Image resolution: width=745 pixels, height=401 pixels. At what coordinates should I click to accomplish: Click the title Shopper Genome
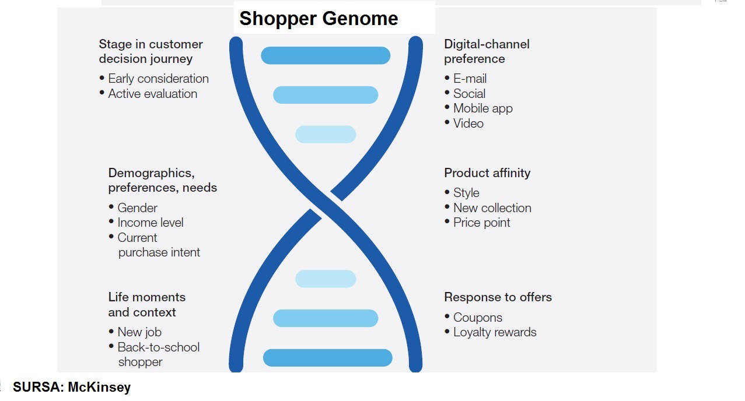click(319, 19)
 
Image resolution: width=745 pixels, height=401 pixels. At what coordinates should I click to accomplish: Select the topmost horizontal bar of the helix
click(326, 55)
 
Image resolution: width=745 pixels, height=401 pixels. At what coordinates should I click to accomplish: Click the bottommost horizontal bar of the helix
click(328, 358)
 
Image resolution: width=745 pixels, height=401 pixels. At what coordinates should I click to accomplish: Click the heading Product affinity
click(487, 173)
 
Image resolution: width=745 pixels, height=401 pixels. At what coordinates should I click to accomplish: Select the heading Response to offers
click(498, 297)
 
